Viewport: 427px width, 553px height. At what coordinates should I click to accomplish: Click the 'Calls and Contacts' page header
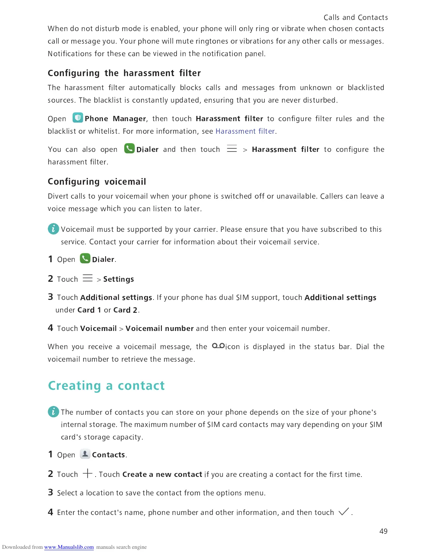point(355,17)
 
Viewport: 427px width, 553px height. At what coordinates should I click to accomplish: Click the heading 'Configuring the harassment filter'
point(124,73)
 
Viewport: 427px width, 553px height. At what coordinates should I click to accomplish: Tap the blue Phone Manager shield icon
point(77,118)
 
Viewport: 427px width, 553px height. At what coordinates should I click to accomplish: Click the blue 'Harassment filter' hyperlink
point(245,131)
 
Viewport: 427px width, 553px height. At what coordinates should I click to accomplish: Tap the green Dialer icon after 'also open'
point(129,149)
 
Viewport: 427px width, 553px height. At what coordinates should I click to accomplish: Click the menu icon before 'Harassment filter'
point(232,149)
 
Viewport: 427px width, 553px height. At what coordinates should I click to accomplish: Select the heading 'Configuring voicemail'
point(97,182)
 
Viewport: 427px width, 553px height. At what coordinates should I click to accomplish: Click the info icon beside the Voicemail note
point(53,229)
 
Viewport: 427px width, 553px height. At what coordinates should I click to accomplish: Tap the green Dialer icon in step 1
point(85,259)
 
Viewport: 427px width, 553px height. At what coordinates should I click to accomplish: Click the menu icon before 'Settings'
point(88,278)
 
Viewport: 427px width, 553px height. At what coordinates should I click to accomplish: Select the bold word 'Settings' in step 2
point(119,279)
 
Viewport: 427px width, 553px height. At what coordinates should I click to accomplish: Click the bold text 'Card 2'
point(125,310)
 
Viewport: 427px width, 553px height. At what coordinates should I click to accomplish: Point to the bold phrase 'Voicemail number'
point(159,329)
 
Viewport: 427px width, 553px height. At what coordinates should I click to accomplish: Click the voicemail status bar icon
point(218,346)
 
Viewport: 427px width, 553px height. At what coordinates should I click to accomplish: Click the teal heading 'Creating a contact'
point(106,386)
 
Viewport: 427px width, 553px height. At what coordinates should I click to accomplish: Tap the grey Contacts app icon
point(85,454)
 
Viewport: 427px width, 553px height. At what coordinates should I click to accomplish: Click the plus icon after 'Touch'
point(88,473)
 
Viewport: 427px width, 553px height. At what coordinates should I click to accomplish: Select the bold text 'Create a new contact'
point(162,474)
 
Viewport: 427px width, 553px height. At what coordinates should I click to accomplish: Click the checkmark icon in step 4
point(344,512)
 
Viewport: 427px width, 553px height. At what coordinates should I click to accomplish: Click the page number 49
point(383,531)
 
